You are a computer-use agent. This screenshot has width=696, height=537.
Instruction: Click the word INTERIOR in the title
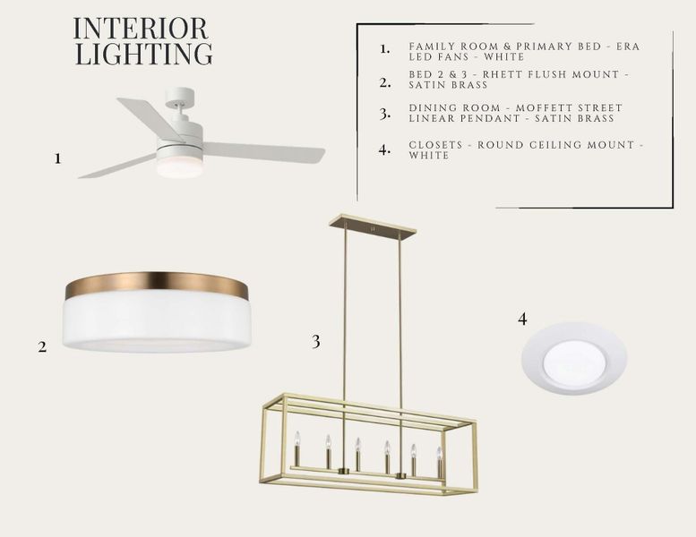[141, 29]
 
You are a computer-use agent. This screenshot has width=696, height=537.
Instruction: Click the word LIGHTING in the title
[144, 54]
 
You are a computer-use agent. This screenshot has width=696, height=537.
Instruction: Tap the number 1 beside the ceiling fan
[57, 158]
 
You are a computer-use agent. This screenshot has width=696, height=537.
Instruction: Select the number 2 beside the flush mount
[42, 346]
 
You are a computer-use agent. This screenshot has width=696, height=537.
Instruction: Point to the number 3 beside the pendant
[315, 342]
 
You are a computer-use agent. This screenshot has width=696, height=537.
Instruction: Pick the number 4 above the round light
[522, 319]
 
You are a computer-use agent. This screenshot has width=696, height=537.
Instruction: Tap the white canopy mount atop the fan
[180, 96]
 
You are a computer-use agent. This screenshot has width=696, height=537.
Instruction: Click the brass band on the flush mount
[156, 284]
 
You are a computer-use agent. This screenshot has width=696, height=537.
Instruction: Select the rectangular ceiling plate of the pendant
[373, 225]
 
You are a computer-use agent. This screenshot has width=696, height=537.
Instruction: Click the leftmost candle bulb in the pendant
[297, 439]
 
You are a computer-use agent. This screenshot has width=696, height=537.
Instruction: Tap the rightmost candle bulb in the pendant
[440, 454]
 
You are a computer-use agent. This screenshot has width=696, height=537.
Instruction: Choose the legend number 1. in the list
[385, 49]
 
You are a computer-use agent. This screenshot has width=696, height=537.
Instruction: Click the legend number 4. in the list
[385, 149]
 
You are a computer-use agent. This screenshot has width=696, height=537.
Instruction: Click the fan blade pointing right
[263, 152]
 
